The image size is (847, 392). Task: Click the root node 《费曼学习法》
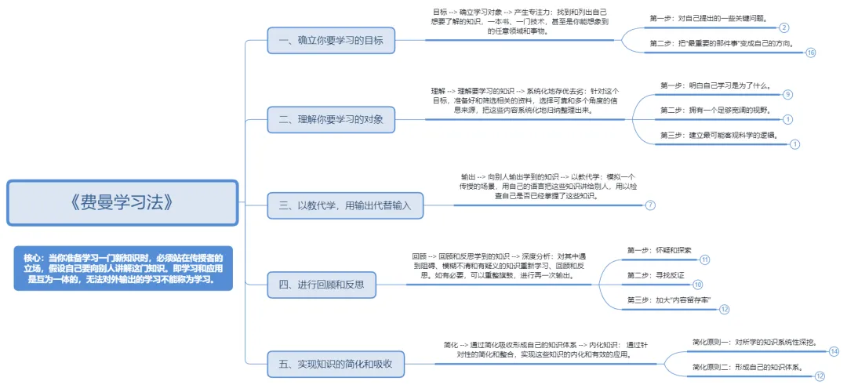122,202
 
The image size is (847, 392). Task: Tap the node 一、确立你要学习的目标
330,39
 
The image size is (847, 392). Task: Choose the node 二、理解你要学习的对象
330,119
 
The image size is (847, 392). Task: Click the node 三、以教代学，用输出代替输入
345,205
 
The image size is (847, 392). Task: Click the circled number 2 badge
784,27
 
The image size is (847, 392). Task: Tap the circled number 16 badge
810,53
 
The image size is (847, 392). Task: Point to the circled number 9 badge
787,95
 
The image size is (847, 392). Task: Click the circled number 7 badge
650,205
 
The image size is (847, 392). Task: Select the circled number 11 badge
704,260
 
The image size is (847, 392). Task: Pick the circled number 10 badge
697,285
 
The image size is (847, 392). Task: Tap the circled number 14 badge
833,351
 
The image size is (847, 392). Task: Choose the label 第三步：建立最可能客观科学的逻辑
718,135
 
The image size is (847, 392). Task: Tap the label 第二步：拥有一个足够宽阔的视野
715,110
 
